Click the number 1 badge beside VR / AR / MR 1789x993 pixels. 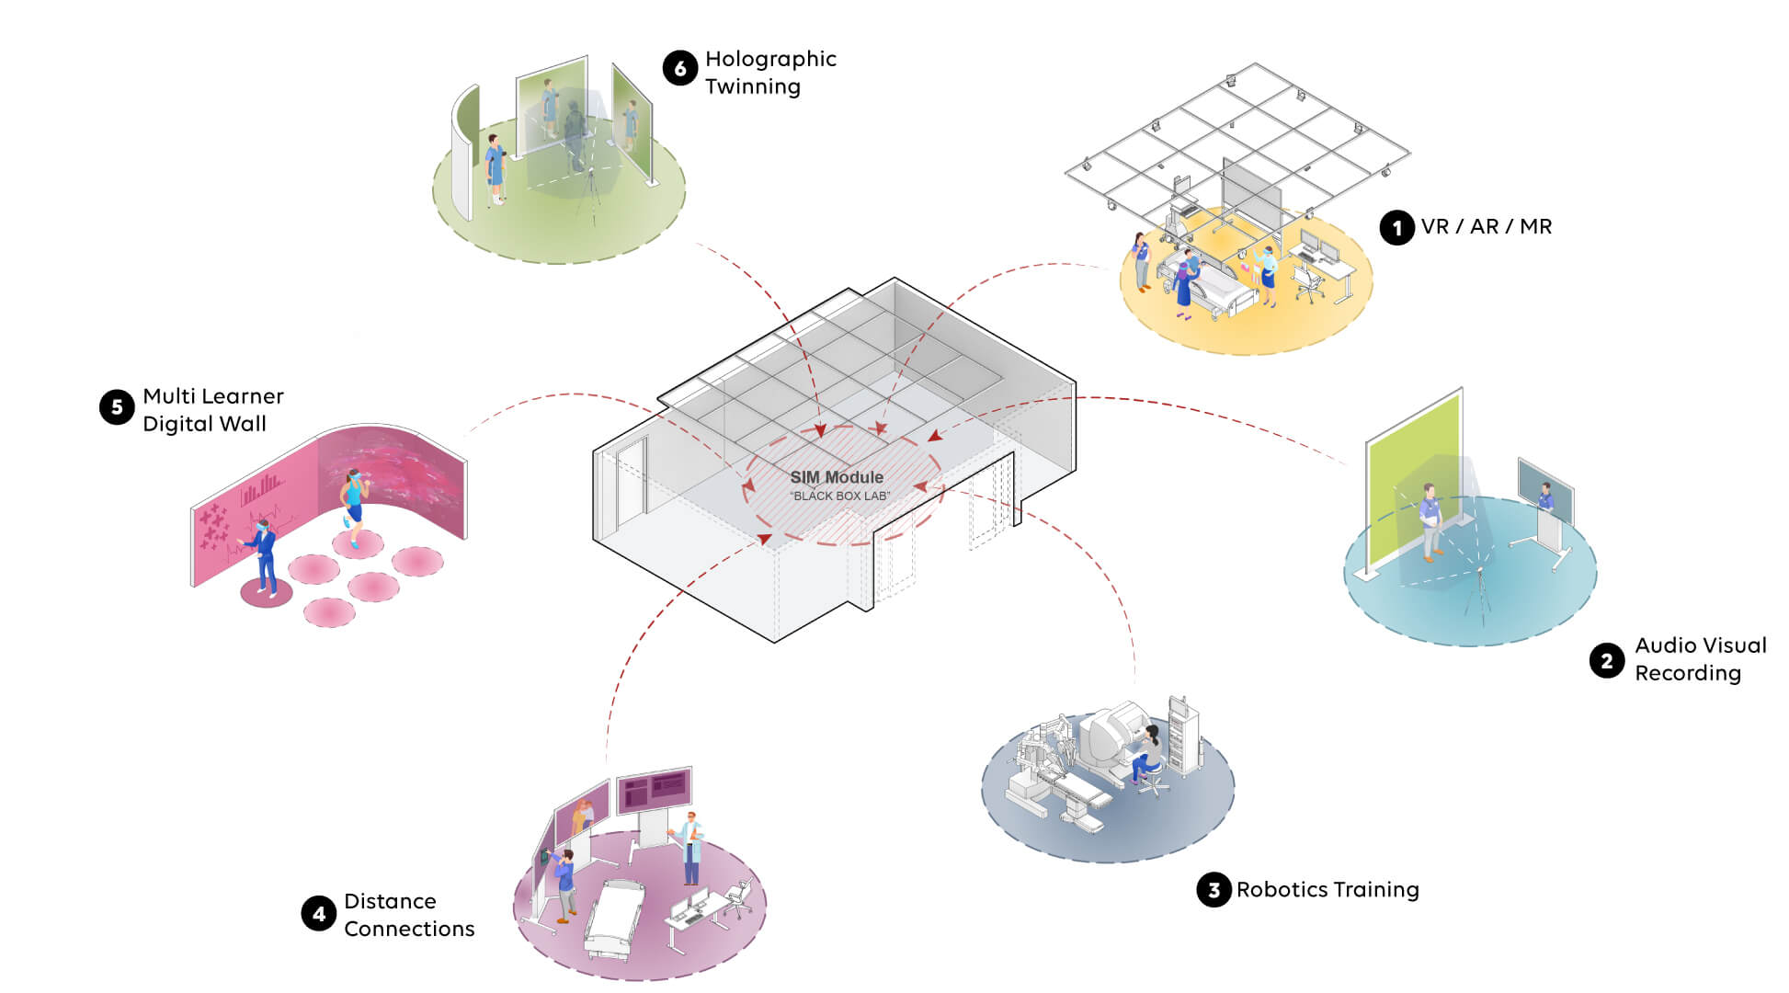(1396, 227)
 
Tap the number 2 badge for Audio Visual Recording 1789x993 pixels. (1606, 660)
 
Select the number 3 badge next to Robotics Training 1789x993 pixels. (1214, 890)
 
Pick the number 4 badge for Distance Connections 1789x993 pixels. (319, 914)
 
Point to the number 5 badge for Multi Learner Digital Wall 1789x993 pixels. (117, 407)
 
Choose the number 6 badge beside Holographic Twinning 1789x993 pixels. (680, 68)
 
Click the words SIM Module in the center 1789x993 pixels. (837, 477)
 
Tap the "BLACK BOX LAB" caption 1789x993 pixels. (840, 496)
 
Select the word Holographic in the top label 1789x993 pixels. (770, 59)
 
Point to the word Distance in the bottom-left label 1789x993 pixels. (390, 901)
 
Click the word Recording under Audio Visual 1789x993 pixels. (1688, 673)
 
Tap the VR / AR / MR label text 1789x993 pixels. (1486, 227)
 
